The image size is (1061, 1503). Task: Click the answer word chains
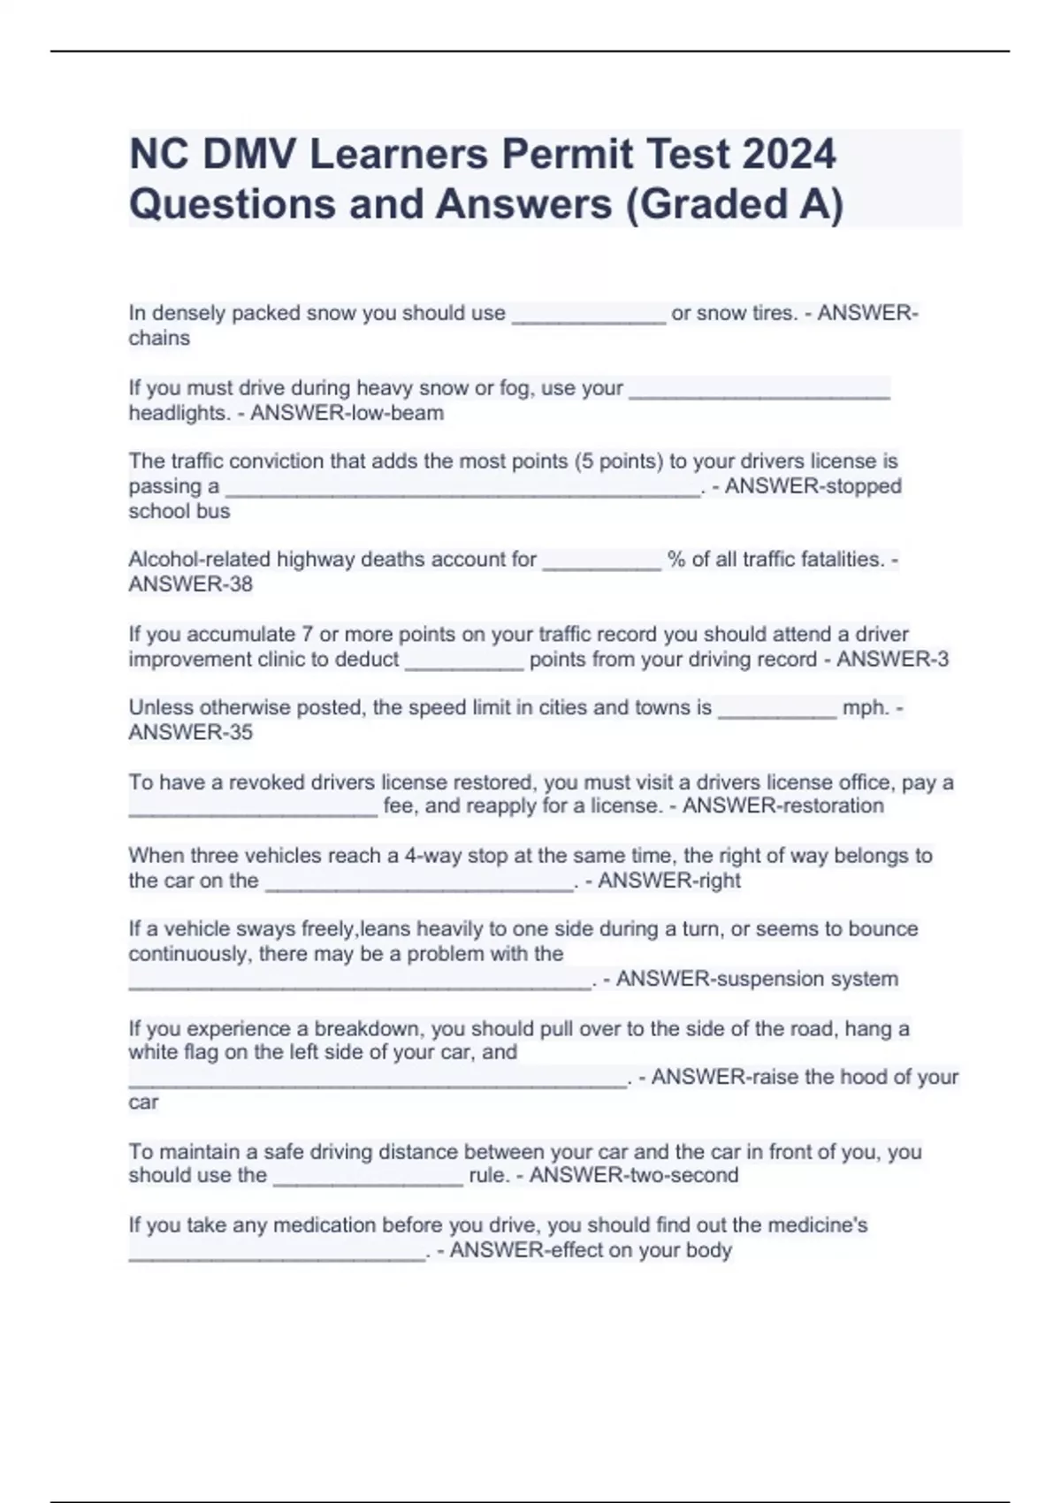point(159,339)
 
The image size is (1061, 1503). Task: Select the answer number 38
point(240,584)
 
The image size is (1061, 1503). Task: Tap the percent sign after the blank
point(676,560)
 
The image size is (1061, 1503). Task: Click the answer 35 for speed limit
point(240,733)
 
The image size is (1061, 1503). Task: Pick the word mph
point(865,708)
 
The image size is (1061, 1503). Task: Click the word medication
point(324,1225)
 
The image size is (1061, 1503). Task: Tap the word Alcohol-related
point(200,560)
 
